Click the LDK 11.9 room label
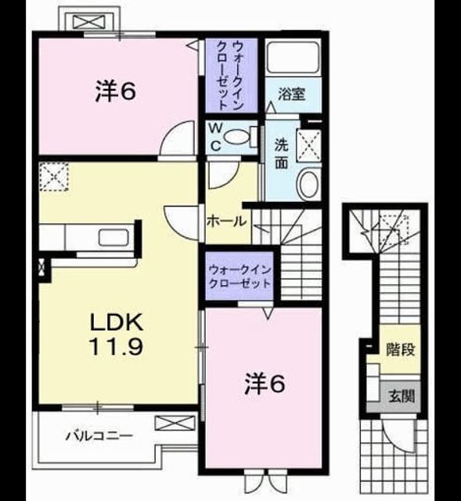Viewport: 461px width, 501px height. click(116, 334)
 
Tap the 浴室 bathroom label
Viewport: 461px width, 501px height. click(291, 94)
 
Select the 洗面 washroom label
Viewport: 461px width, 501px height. click(282, 154)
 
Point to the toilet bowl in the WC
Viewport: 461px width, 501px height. click(236, 137)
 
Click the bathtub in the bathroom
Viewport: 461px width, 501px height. click(294, 57)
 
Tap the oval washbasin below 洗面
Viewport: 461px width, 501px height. click(308, 185)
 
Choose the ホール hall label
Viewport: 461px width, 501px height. click(226, 221)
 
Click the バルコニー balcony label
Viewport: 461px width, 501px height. click(99, 435)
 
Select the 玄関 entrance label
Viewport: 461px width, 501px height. click(402, 397)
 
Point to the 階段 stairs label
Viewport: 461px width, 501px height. click(400, 349)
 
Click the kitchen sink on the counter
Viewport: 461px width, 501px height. click(113, 238)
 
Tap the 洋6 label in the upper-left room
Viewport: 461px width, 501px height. click(116, 92)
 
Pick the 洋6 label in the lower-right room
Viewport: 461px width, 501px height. click(265, 384)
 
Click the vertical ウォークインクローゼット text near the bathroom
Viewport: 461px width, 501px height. click(229, 75)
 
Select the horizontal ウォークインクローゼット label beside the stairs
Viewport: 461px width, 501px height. click(240, 276)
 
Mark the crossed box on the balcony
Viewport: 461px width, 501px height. click(175, 423)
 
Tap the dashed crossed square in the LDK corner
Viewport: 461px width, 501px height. click(54, 176)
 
